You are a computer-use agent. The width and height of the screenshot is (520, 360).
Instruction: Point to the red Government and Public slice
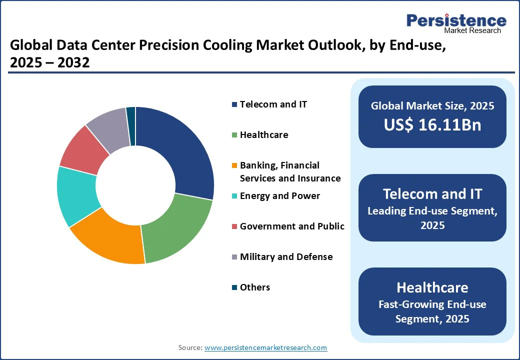click(82, 150)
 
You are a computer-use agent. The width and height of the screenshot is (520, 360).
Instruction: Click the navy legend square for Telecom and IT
click(234, 104)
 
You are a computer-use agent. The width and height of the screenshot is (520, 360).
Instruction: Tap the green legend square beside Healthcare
click(234, 135)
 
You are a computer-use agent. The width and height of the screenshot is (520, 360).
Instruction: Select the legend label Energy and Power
click(279, 196)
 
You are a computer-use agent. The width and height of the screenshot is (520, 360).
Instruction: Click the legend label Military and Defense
click(286, 257)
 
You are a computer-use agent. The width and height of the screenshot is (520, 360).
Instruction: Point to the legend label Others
click(255, 287)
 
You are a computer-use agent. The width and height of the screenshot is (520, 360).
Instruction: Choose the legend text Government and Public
click(292, 226)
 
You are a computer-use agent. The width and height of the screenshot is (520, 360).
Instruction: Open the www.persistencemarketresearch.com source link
click(265, 347)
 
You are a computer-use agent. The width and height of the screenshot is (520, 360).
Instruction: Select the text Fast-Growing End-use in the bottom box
click(432, 304)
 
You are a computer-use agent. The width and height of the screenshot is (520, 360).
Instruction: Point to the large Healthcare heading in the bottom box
click(432, 287)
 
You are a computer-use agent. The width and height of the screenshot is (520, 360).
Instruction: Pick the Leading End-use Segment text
click(432, 211)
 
